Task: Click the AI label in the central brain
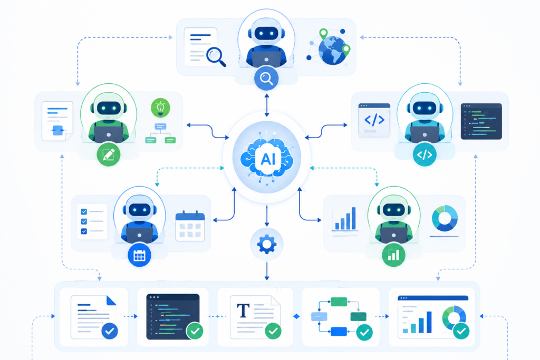(x=267, y=159)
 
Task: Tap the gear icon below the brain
(x=267, y=245)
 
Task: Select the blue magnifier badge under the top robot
(x=266, y=79)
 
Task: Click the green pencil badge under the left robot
(x=109, y=154)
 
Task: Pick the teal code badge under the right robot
(x=425, y=154)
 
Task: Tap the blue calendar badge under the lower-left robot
(x=139, y=255)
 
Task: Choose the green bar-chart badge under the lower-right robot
(x=393, y=255)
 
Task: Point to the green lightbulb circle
(x=160, y=108)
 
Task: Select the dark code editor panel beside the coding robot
(x=481, y=121)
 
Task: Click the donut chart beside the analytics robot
(x=445, y=218)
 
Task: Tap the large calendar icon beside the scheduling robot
(x=190, y=226)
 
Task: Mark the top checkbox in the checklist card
(x=84, y=212)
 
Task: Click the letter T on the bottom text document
(x=243, y=310)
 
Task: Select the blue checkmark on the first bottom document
(x=110, y=331)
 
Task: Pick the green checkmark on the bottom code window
(x=195, y=331)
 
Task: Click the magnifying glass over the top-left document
(x=216, y=56)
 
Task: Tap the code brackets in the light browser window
(x=374, y=120)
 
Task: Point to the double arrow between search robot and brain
(x=266, y=105)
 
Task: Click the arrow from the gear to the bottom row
(x=267, y=271)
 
